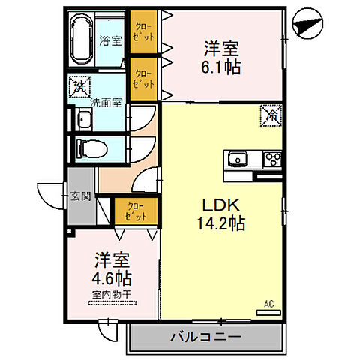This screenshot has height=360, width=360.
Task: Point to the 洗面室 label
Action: [106, 102]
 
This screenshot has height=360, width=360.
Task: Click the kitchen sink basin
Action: [238, 159]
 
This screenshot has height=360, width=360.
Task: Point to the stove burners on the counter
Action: [271, 159]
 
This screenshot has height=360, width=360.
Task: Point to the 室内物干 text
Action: [112, 294]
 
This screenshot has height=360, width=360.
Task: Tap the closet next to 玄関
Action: [136, 210]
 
